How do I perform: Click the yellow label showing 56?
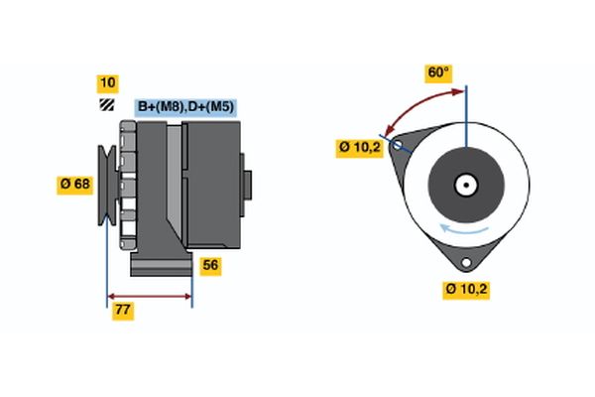point(210,265)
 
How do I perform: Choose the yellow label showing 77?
point(124,311)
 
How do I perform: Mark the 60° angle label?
point(438,72)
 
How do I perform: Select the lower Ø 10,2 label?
point(468,290)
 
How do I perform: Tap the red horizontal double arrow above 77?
point(150,296)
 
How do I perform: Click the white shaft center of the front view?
point(465,185)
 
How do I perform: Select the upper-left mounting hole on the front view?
point(399,146)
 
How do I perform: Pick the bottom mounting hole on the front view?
point(466,263)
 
